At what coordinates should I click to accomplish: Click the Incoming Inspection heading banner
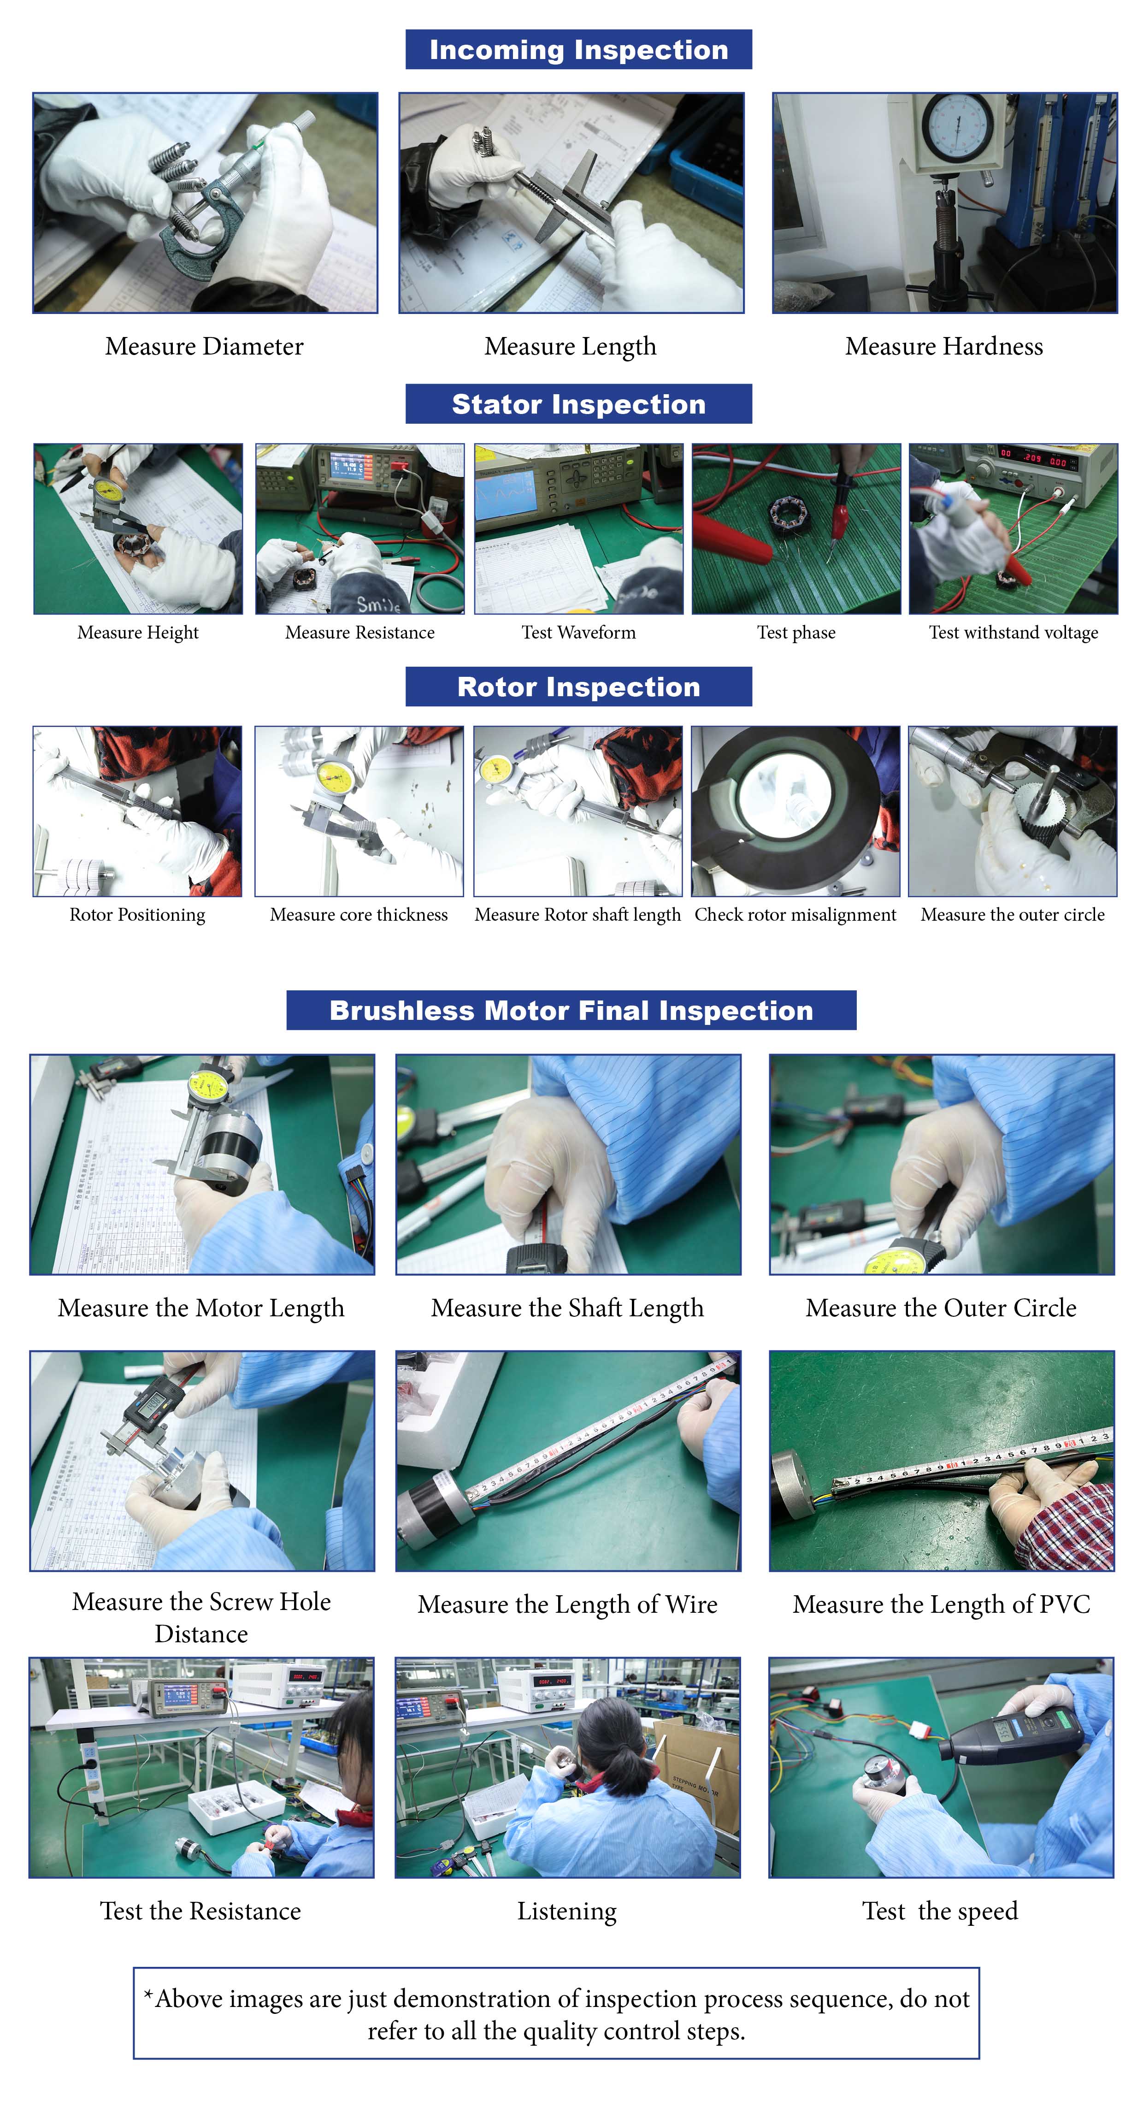pos(578,49)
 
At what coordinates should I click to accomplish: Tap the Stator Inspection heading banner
pos(578,404)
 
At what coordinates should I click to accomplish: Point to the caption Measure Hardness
pos(944,346)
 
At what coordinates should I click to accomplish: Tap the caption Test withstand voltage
pos(1013,633)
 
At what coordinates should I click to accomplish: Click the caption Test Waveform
pos(578,633)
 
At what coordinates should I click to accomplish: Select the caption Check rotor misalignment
pos(795,915)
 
